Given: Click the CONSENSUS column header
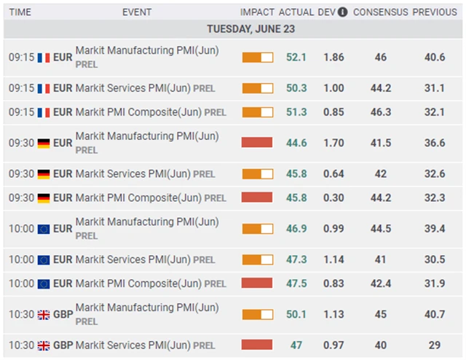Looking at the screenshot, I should [380, 12].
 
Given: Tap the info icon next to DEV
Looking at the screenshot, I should [342, 12].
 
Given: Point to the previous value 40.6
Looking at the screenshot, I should [434, 58].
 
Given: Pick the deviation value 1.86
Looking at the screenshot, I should [333, 58].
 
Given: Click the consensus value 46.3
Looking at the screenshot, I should [380, 112].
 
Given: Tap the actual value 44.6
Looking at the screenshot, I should [296, 143].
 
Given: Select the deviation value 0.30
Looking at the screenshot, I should [333, 197].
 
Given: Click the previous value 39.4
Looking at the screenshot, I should [434, 229].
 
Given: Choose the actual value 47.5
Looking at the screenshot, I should [296, 283].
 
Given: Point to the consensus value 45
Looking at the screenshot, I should [380, 314].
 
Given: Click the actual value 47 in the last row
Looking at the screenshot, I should [296, 345].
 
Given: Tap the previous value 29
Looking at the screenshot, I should [434, 345].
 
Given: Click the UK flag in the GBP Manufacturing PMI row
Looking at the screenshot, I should [44, 314].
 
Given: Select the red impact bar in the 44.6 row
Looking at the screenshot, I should [257, 143].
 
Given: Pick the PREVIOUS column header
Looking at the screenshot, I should [434, 12].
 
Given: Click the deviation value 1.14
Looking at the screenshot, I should [333, 259].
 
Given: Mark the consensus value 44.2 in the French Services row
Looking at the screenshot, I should [380, 88].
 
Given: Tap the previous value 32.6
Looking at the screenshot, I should [434, 174].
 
